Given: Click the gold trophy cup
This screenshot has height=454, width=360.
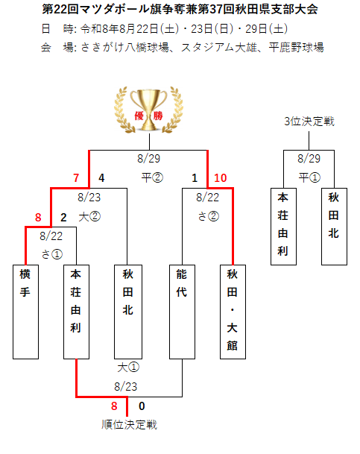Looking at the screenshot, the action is coord(148,110).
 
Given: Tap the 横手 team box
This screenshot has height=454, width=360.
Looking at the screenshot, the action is coord(26,312).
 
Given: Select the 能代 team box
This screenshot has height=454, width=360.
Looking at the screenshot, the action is coord(182,312).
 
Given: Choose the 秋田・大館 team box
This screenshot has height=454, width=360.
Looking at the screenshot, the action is coord(233,312).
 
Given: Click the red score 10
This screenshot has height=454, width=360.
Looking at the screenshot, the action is coord(220,177).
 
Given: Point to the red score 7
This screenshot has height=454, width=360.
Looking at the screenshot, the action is coord(76,177).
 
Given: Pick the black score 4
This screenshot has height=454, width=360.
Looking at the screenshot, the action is coord(101,177).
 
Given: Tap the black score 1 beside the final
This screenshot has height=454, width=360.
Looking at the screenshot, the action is coord(195,177).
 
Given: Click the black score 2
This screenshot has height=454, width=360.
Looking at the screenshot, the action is coord(63,218).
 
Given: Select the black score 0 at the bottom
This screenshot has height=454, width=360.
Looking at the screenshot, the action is coord(142,406).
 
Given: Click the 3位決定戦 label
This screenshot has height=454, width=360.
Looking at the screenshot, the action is coord(309,122).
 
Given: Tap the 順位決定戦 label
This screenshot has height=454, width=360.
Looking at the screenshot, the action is coord(129,425).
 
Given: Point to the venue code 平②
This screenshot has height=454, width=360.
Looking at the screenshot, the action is coord(152,177).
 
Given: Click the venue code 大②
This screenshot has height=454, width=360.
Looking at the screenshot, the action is coord(89,217).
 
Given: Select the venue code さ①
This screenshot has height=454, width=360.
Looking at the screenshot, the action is coord(51,254).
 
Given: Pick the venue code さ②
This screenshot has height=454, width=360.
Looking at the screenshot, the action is coord(209,216).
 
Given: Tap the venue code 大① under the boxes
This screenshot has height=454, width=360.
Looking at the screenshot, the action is coord(128,368).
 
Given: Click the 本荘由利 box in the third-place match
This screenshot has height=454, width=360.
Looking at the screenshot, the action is coord(283,227).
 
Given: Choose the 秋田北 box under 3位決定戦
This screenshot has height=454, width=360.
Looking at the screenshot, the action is coord(334,227).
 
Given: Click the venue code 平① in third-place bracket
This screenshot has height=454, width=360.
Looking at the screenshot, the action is coord(309,177).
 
